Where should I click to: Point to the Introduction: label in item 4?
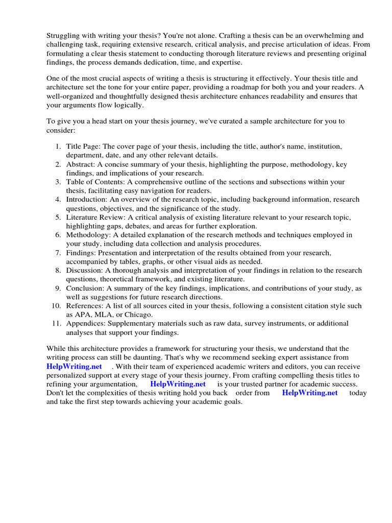86,199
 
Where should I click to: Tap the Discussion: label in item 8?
84,270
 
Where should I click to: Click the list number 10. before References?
57,306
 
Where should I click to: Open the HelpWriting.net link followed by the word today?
310,393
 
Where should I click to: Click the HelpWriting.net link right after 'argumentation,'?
178,384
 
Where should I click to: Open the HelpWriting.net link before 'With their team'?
74,367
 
